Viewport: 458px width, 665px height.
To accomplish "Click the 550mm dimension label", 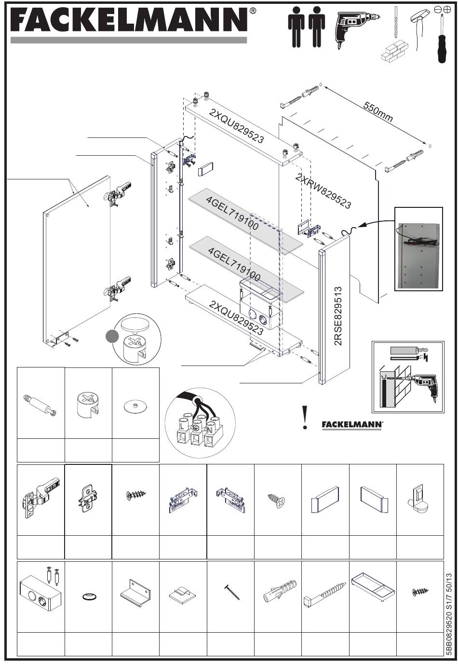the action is coord(378,112).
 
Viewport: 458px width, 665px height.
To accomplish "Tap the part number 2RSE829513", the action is coord(338,316).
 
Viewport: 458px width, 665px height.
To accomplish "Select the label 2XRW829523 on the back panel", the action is coord(323,190).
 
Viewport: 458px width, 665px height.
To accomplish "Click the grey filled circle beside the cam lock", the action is coord(112,336).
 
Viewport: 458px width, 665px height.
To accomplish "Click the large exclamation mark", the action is coord(304,418).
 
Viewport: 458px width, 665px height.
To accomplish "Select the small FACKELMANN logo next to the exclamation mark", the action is coord(352,425).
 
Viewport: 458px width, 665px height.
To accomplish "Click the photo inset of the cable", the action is coord(418,249).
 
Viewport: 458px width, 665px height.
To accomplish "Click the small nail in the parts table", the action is coord(232,592).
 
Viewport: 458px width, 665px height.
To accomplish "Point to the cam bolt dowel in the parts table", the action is coord(39,404).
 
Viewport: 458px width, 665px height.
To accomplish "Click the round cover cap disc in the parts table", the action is coord(135,406).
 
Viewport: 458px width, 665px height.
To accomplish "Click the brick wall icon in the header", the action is coord(394,51).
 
